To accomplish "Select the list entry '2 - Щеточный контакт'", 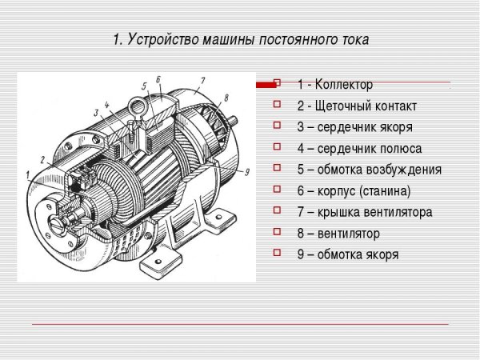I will pos(356,106).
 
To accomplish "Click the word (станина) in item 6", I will pos(384,191).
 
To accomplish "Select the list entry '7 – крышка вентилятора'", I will pos(364,213).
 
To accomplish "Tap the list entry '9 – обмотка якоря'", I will pos(347,255).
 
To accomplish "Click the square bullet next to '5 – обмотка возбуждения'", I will pos(277,170).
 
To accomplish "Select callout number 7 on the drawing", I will pos(203,81).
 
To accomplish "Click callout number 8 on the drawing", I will pos(226,98).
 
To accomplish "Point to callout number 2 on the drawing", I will pos(42,160).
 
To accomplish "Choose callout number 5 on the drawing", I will pos(143,86).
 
